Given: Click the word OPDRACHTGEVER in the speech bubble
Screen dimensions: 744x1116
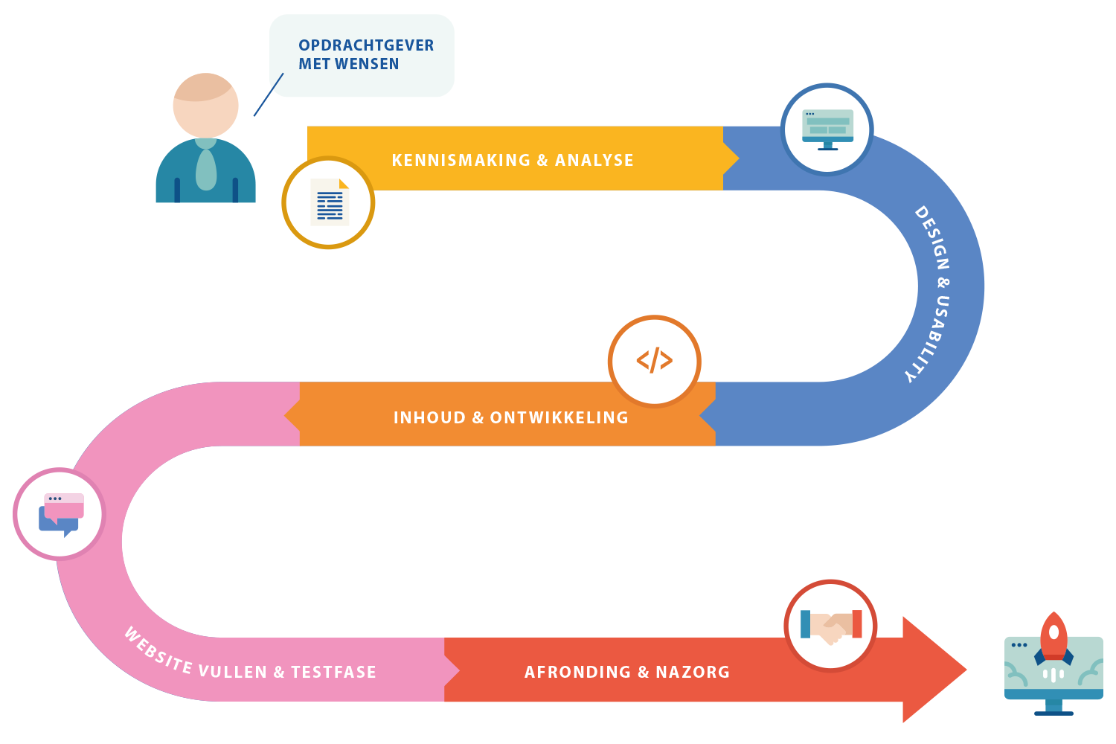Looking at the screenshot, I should click(x=366, y=45).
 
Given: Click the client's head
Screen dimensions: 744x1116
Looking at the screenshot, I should click(x=205, y=105).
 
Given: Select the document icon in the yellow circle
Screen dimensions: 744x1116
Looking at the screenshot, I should click(x=329, y=202).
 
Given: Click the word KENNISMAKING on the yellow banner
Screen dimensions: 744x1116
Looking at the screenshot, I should click(x=461, y=160).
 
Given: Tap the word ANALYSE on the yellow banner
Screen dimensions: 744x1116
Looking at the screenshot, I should click(x=594, y=160).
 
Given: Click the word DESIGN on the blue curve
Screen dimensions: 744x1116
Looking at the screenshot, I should click(x=933, y=238).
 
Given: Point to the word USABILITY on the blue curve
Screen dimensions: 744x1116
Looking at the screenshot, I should click(x=931, y=339).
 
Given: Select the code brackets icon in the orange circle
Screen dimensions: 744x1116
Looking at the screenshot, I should click(x=655, y=361).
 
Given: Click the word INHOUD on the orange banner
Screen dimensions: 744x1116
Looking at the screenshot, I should click(x=429, y=417).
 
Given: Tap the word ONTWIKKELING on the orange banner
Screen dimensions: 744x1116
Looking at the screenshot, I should click(x=559, y=417).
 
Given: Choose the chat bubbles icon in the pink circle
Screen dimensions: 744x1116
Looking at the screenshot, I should click(x=60, y=514).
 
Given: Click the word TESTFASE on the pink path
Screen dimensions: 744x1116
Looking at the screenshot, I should click(x=333, y=672).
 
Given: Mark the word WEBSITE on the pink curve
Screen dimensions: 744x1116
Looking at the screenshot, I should click(x=158, y=650).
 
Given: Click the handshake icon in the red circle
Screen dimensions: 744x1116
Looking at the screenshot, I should click(x=830, y=626).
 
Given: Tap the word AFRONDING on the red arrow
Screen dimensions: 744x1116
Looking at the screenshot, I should click(x=577, y=672).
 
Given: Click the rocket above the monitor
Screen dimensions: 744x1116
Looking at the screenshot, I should click(x=1054, y=636).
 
